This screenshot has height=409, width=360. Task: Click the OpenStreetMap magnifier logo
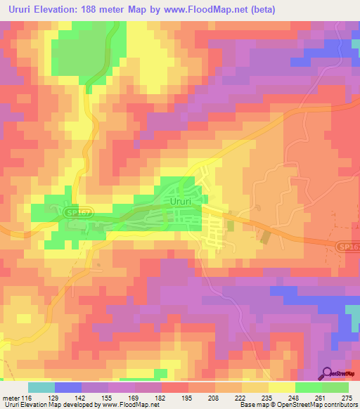coord(328,375)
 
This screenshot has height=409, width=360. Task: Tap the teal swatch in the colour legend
coord(41,387)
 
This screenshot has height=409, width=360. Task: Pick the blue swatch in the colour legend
coord(68,387)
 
